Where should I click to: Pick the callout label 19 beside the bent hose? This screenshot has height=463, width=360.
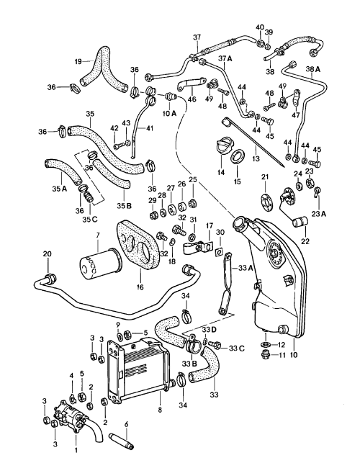pyautogui.click(x=76, y=62)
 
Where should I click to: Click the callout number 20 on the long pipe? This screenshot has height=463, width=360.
pyautogui.click(x=48, y=253)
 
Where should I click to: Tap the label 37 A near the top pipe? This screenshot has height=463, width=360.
pyautogui.click(x=224, y=58)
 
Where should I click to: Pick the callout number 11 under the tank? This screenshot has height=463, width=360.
pyautogui.click(x=282, y=355)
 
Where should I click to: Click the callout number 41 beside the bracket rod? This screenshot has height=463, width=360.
pyautogui.click(x=150, y=128)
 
